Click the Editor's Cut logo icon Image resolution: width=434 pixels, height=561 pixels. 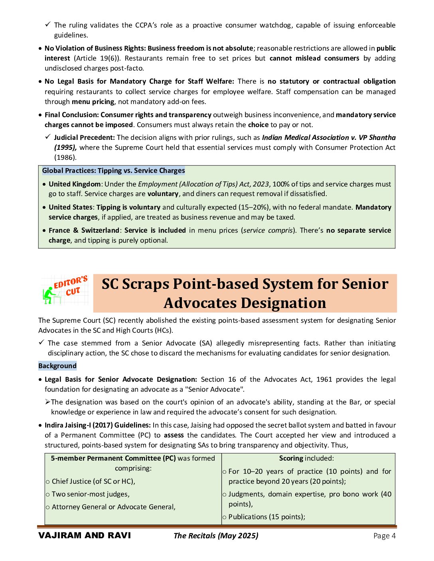coord(65,290)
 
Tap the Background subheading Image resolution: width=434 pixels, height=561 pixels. coord(57,366)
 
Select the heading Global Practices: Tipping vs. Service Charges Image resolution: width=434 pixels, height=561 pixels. coord(114,171)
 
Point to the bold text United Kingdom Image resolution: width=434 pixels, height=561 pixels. coord(75,184)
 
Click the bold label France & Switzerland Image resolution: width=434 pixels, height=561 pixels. coord(84,230)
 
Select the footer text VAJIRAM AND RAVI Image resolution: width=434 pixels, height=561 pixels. coord(85,535)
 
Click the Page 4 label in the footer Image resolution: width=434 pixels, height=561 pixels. coord(385,535)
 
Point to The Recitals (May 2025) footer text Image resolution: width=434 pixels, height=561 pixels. coord(216,535)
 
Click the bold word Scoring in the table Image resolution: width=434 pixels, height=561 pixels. coord(291,458)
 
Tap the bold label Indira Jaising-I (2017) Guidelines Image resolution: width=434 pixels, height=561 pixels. coord(98,425)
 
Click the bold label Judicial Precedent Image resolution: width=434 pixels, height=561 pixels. coord(85,137)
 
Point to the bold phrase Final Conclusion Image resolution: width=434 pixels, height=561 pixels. coord(72,115)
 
